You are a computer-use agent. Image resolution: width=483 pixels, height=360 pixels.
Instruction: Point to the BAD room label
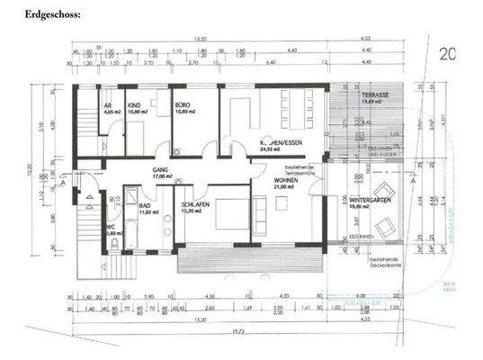[144, 205]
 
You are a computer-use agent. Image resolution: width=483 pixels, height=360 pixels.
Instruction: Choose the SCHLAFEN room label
[197, 205]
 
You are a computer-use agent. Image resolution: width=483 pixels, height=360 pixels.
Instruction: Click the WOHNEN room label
[287, 180]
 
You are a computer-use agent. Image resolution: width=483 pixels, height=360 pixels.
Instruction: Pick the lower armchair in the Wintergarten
[385, 228]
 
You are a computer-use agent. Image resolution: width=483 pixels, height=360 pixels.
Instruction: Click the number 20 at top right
[448, 53]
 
